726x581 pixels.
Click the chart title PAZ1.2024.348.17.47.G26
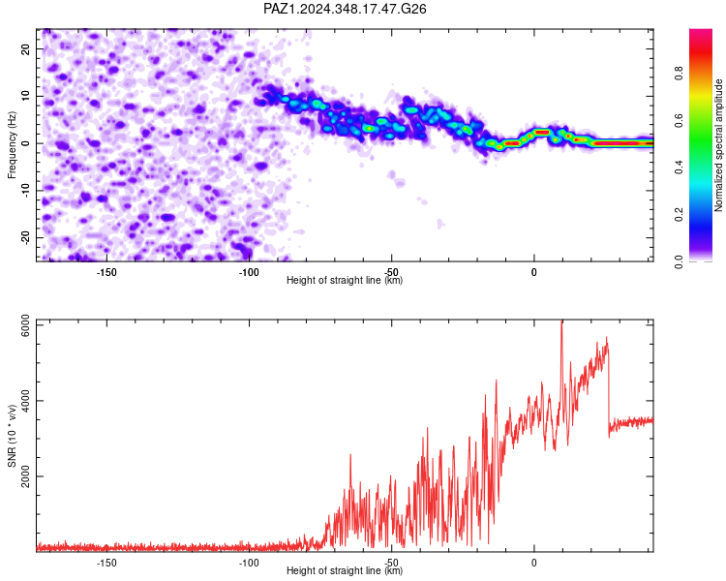(x=345, y=9)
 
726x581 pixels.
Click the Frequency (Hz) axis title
(x=12, y=145)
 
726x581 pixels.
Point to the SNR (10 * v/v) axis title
(x=12, y=436)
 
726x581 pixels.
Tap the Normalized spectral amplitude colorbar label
(x=718, y=145)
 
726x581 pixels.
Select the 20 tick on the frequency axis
(x=25, y=48)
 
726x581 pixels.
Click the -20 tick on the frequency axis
(x=25, y=237)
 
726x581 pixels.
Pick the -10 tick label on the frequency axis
(x=25, y=191)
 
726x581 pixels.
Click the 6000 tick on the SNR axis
(x=25, y=325)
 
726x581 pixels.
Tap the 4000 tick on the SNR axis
(x=25, y=401)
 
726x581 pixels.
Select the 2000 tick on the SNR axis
(x=25, y=476)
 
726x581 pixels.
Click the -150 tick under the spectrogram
(x=106, y=272)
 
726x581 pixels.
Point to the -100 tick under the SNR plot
(x=249, y=563)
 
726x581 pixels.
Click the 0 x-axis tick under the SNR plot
(x=533, y=563)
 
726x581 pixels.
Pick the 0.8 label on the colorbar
(x=679, y=73)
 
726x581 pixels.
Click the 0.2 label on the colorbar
(x=679, y=215)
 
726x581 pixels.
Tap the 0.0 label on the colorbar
(x=679, y=261)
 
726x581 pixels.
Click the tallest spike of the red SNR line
(x=561, y=321)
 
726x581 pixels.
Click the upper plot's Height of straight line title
(x=345, y=280)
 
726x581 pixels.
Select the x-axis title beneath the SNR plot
(x=345, y=570)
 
